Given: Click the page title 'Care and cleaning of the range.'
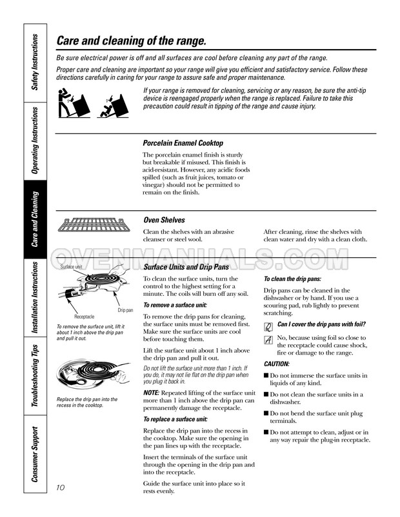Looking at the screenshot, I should click(132, 41).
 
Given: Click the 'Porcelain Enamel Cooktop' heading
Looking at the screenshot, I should click(183, 143).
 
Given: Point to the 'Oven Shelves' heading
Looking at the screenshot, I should click(163, 220).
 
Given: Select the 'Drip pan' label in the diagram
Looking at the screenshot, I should click(125, 310).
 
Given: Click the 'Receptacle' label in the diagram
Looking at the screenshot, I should click(85, 317).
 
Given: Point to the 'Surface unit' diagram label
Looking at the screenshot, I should click(71, 267).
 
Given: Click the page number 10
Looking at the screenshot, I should click(63, 486).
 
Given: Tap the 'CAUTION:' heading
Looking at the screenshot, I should click(277, 364).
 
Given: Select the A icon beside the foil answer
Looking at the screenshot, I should click(268, 340).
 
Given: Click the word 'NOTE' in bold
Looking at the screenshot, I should click(150, 393).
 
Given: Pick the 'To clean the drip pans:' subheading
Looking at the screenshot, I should click(292, 279).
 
